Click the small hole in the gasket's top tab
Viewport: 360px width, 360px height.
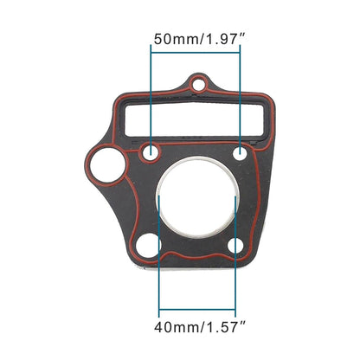coord(199,85)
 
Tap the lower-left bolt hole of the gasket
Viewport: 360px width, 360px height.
coord(148,245)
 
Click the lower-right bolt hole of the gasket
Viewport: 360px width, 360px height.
coord(236,245)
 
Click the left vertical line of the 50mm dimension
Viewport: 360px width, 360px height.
coord(151,95)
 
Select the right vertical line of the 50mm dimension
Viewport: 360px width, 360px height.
coord(241,95)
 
